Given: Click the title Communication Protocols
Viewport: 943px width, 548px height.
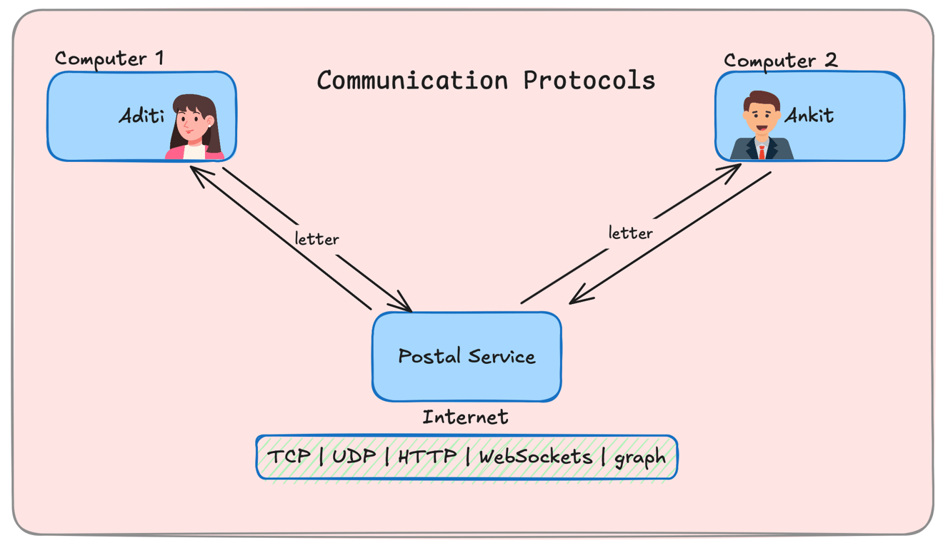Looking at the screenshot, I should point(486,80).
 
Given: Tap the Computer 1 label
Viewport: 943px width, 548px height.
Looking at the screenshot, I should point(109,58).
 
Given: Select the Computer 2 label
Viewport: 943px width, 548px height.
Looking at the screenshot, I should point(780,61).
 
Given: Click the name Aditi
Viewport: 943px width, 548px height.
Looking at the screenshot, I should point(141,115).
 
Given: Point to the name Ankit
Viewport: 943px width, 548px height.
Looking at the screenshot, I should point(809,115).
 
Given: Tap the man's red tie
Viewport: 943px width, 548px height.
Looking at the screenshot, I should point(762,151).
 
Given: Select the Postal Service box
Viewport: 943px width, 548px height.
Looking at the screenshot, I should point(466,356).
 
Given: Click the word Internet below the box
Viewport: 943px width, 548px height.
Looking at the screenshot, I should point(465,417).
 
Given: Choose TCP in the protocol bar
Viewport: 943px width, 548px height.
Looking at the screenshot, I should point(289,457).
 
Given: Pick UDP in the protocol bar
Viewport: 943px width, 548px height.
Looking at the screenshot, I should point(354,457).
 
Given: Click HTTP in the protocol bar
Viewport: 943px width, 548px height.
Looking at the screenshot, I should point(427,457).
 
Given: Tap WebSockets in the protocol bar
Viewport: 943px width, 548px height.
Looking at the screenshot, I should point(535,457).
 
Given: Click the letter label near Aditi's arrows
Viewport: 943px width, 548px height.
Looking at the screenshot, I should point(316,238).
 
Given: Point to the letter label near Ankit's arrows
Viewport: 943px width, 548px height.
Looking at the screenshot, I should point(630,233).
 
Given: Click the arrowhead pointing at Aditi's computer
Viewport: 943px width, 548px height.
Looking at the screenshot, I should point(194,171).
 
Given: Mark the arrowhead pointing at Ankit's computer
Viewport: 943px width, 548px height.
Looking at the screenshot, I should point(736,168).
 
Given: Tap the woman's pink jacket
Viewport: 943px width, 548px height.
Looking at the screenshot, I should point(175,151).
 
